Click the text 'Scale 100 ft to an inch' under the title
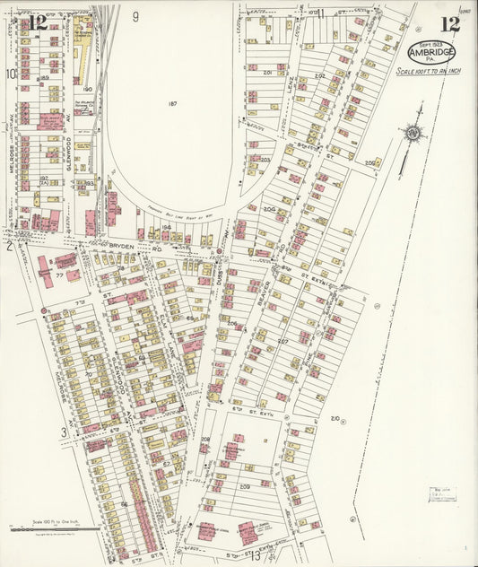click(x=428, y=71)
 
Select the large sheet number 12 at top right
click(x=449, y=24)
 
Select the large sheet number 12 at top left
click(x=37, y=22)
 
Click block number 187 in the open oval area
click(x=171, y=103)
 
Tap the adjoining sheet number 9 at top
click(x=135, y=16)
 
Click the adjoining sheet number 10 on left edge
click(x=12, y=74)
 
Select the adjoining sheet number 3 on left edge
click(x=64, y=432)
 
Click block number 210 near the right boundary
click(x=335, y=418)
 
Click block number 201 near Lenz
click(x=266, y=71)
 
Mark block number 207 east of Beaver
click(x=282, y=341)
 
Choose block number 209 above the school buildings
click(x=244, y=485)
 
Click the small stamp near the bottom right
click(x=441, y=493)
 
